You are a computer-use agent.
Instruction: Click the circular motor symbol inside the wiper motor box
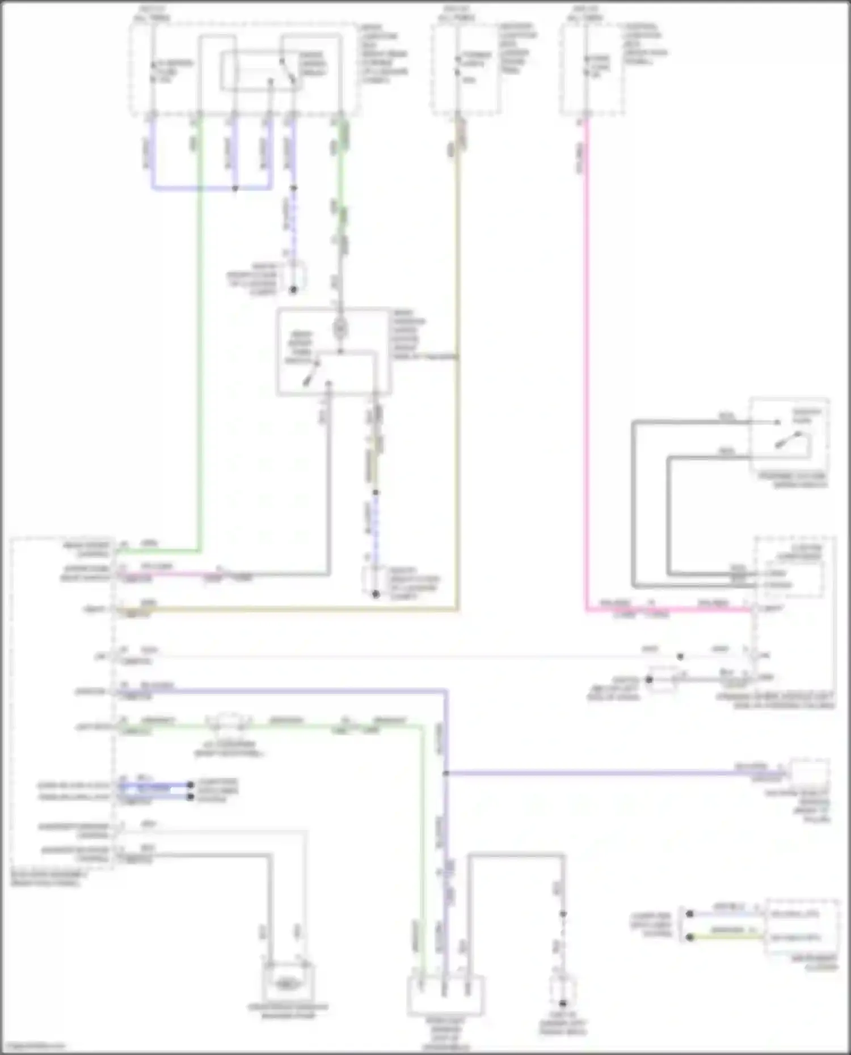coord(340,328)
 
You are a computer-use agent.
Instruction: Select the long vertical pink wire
coord(587,368)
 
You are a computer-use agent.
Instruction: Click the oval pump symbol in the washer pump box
coord(288,985)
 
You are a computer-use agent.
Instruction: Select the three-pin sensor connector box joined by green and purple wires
coord(445,995)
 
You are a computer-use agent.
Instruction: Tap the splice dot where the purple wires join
coord(446,773)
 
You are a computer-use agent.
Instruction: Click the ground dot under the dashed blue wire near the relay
coord(293,290)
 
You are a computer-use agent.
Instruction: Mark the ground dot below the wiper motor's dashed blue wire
coord(375,594)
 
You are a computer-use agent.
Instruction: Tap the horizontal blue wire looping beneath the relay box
coord(210,188)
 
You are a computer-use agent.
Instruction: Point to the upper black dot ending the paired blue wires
coord(191,785)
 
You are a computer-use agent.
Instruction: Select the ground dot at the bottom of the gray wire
coord(563,1003)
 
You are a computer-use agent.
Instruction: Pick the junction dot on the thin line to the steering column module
coord(680,656)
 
